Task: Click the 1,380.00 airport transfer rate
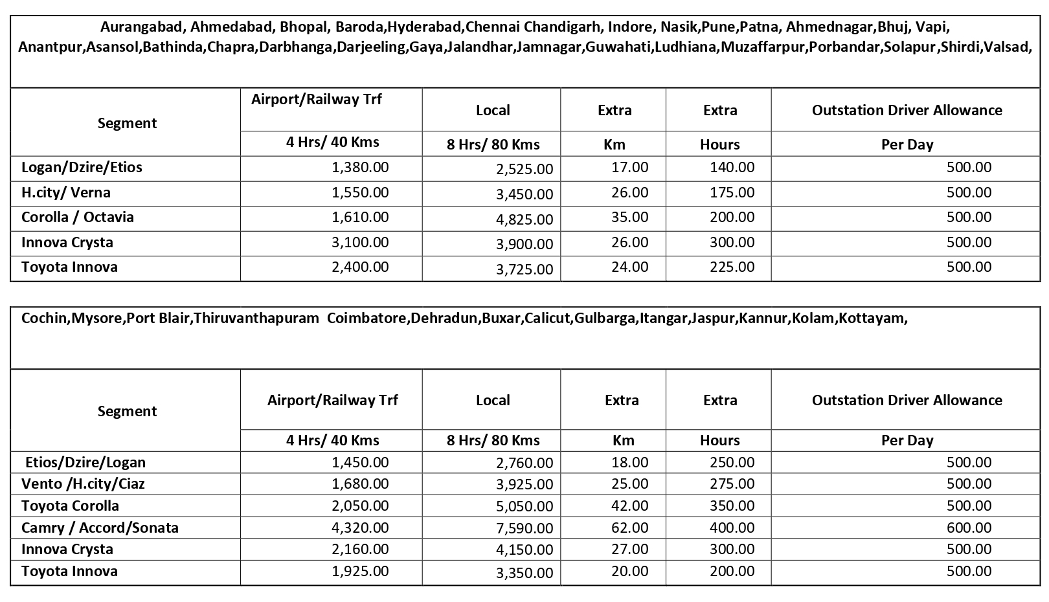tap(360, 168)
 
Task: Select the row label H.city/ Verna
tap(66, 193)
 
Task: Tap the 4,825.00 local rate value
tap(524, 219)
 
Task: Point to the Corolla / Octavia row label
tap(78, 217)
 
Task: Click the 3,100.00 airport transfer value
tap(360, 243)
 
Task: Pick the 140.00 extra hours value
tap(732, 168)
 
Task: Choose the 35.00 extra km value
tap(629, 217)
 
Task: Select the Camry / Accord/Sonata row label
tap(100, 528)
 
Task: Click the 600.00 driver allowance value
tap(969, 528)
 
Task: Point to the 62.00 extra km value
tap(629, 528)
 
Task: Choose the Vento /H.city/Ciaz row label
tap(83, 484)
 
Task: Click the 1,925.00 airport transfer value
tap(360, 572)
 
